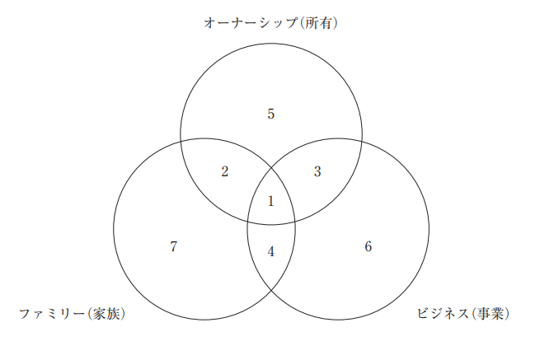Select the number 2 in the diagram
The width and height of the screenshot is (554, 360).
tap(225, 171)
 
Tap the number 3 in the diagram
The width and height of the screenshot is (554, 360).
tap(318, 171)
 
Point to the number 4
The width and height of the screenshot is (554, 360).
tap(271, 250)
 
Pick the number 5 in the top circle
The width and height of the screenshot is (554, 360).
tap(270, 114)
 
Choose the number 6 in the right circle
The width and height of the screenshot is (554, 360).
tap(369, 246)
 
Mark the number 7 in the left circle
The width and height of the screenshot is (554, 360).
tap(173, 246)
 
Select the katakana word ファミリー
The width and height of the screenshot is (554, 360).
tap(49, 314)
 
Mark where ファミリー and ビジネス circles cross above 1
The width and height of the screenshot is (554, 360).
tap(271, 168)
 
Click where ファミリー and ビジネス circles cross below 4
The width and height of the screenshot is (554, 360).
tap(271, 290)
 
